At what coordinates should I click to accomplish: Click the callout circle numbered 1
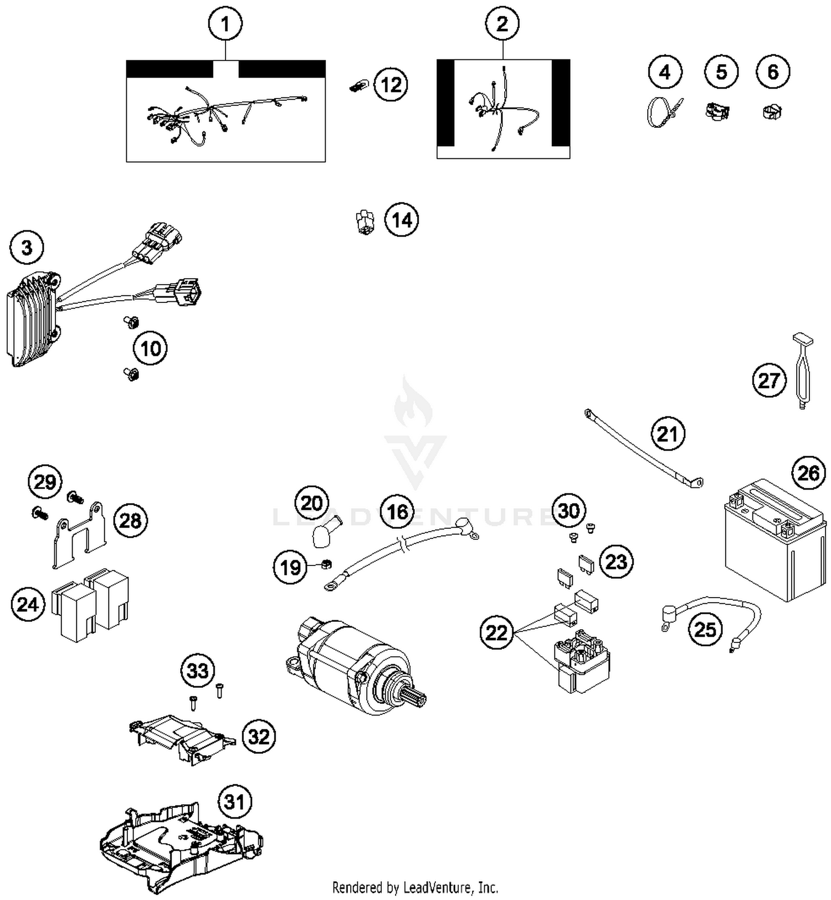225,24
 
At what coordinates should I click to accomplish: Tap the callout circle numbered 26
808,473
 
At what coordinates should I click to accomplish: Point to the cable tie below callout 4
663,112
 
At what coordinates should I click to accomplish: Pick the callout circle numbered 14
402,220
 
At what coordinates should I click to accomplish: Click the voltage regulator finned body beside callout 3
32,320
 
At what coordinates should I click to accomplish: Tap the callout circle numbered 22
496,632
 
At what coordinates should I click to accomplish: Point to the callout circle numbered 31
234,801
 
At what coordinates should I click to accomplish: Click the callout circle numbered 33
198,671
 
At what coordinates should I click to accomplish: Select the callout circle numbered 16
398,512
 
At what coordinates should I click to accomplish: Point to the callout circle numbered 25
705,629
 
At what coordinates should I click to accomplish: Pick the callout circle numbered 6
773,71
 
